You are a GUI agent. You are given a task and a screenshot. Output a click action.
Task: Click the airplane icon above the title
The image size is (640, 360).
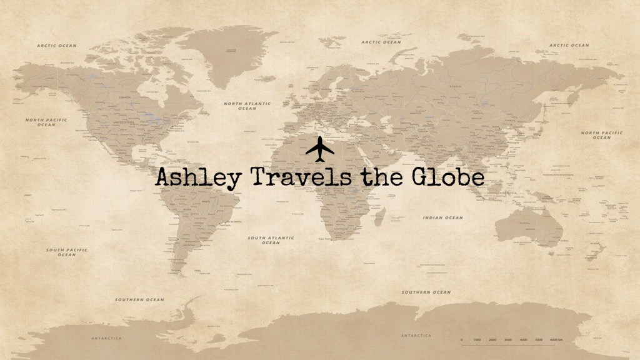[321, 149]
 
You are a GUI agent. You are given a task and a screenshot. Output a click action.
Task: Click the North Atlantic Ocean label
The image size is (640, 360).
[247, 106]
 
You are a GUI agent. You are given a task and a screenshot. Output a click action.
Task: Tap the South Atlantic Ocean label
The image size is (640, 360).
[271, 240]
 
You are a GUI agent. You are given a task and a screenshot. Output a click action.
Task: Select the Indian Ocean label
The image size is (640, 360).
[443, 217]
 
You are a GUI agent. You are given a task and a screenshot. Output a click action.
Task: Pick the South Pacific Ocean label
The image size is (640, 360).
[67, 252]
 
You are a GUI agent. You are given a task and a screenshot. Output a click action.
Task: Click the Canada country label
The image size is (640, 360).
[124, 97]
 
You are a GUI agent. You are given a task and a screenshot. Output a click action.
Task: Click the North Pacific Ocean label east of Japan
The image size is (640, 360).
[601, 135]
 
